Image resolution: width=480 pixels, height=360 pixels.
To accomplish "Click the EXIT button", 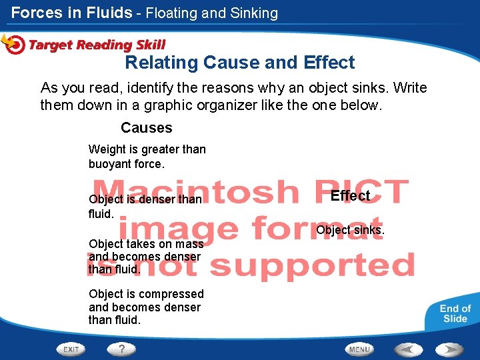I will click(x=71, y=349).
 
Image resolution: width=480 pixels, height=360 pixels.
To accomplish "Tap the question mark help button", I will click(x=121, y=349).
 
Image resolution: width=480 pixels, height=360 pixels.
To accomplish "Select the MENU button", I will click(x=359, y=349).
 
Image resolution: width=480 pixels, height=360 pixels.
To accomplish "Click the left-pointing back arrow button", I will click(x=409, y=349).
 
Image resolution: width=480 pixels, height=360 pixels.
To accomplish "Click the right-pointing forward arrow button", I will click(x=450, y=349).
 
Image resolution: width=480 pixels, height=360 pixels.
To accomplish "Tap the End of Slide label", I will click(x=455, y=313).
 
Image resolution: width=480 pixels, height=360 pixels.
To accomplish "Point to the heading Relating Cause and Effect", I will click(x=240, y=63).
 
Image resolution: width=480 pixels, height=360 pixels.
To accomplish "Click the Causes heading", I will click(x=147, y=127).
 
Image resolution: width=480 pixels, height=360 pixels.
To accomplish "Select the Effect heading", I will click(x=350, y=195).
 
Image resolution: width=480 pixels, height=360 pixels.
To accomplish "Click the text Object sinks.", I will click(x=350, y=230).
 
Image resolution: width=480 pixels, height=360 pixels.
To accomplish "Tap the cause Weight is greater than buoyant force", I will click(x=147, y=156).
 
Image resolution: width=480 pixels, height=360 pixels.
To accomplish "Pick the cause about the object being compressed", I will click(x=146, y=307).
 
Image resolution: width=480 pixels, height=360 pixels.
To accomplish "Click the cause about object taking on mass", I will click(x=145, y=257).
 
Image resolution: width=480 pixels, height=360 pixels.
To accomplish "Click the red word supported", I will click(x=313, y=265).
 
